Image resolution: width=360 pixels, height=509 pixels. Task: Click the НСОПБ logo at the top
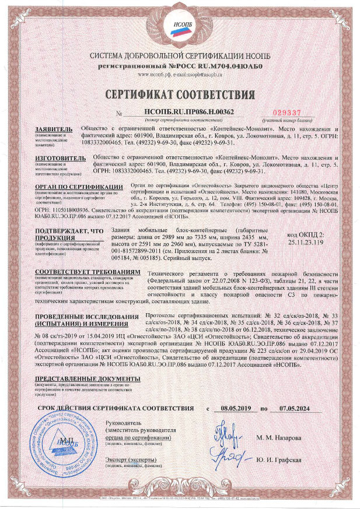click(179, 29)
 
